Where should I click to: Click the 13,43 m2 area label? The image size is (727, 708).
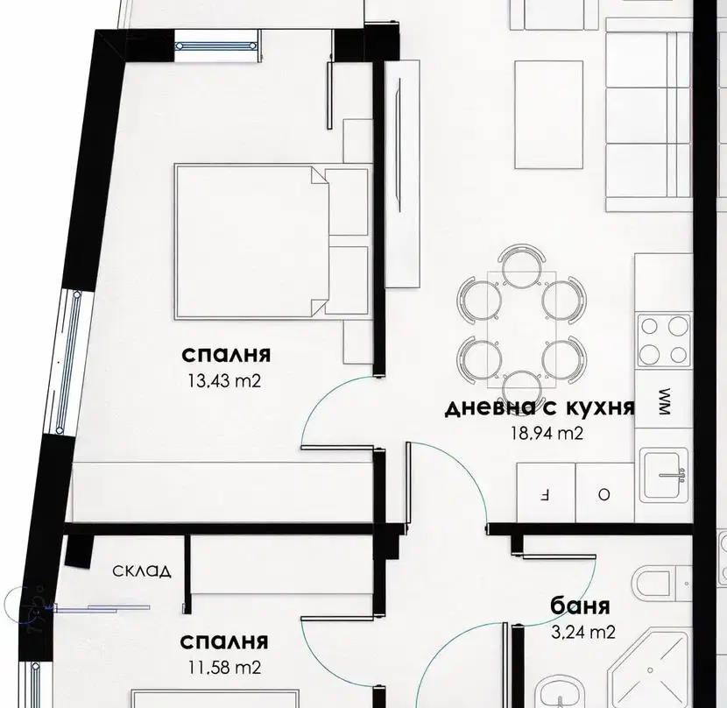point(224,381)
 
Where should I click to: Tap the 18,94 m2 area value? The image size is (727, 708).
point(547,434)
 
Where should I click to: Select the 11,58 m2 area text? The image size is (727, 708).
point(224,668)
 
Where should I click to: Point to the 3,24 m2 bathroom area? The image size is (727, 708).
point(583,632)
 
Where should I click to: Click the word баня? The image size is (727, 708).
point(580,606)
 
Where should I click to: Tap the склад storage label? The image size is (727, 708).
point(142,571)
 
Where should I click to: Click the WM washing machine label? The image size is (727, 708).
point(665,401)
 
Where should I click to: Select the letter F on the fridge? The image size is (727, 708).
point(545,495)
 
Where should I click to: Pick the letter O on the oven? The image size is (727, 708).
point(603,495)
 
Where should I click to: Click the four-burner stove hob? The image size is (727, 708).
point(664,341)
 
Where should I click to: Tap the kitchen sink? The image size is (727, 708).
point(664,474)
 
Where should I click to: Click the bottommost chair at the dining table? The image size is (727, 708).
point(521,386)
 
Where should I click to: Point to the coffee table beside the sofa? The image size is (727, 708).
point(548,114)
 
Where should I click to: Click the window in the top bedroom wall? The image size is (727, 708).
point(216,46)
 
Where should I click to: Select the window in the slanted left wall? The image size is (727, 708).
point(68,363)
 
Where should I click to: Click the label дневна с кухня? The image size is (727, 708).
point(540,407)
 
